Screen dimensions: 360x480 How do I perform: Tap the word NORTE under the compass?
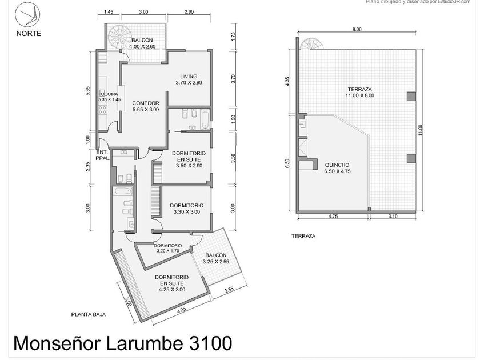click(x=29, y=33)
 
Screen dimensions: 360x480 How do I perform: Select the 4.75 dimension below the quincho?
click(x=331, y=217)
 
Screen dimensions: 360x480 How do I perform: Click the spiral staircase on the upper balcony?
click(x=121, y=37)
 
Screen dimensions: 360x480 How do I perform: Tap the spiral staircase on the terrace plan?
click(x=312, y=45)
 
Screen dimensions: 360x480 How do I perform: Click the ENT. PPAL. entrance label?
click(x=102, y=155)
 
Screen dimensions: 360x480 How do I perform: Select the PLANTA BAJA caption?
click(x=87, y=314)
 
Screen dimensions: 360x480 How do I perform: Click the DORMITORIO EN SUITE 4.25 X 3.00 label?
click(x=172, y=283)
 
